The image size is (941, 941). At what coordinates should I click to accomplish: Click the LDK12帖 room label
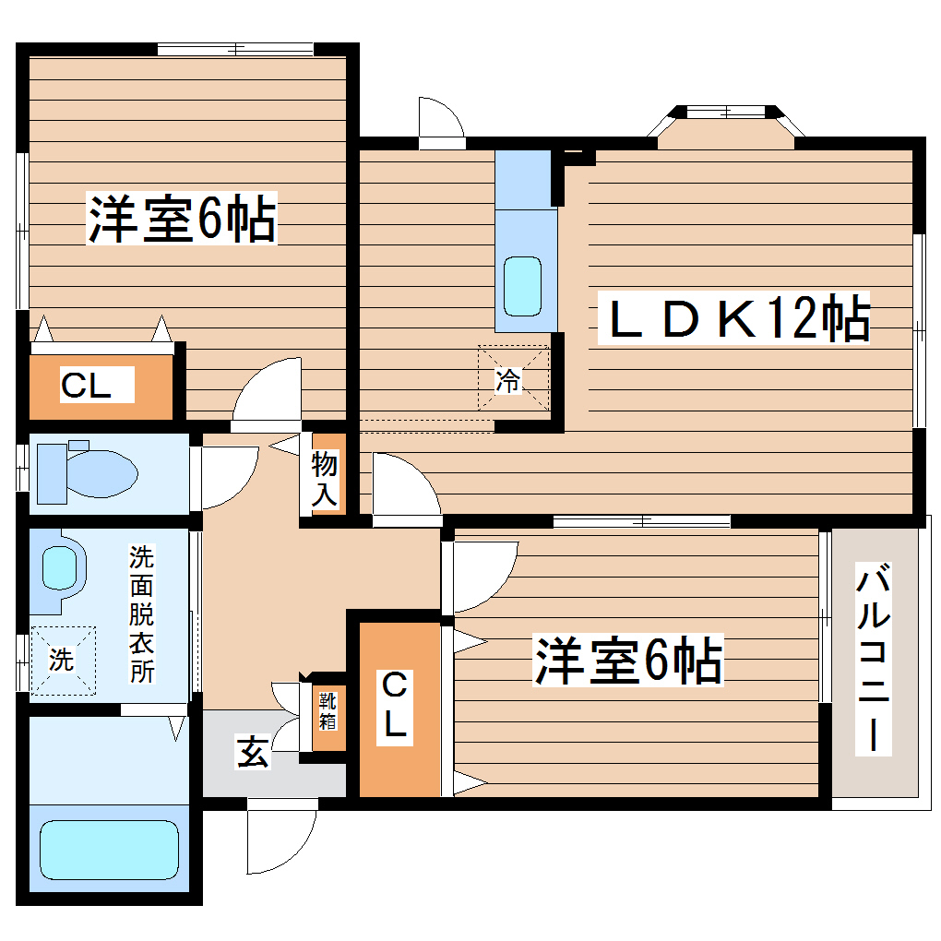click(x=734, y=318)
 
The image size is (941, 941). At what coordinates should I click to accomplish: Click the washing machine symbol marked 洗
click(x=62, y=661)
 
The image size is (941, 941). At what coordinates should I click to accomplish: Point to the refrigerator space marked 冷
click(x=513, y=378)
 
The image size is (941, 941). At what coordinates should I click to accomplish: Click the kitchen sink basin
click(x=523, y=285)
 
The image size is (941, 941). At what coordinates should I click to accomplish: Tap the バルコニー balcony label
click(x=874, y=660)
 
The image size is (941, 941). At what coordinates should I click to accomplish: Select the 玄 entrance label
click(x=252, y=752)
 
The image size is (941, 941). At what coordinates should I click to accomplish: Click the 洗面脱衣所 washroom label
click(x=140, y=613)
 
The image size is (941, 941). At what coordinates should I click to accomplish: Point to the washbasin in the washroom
click(x=59, y=567)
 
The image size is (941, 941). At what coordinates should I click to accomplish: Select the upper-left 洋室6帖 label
click(x=182, y=219)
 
